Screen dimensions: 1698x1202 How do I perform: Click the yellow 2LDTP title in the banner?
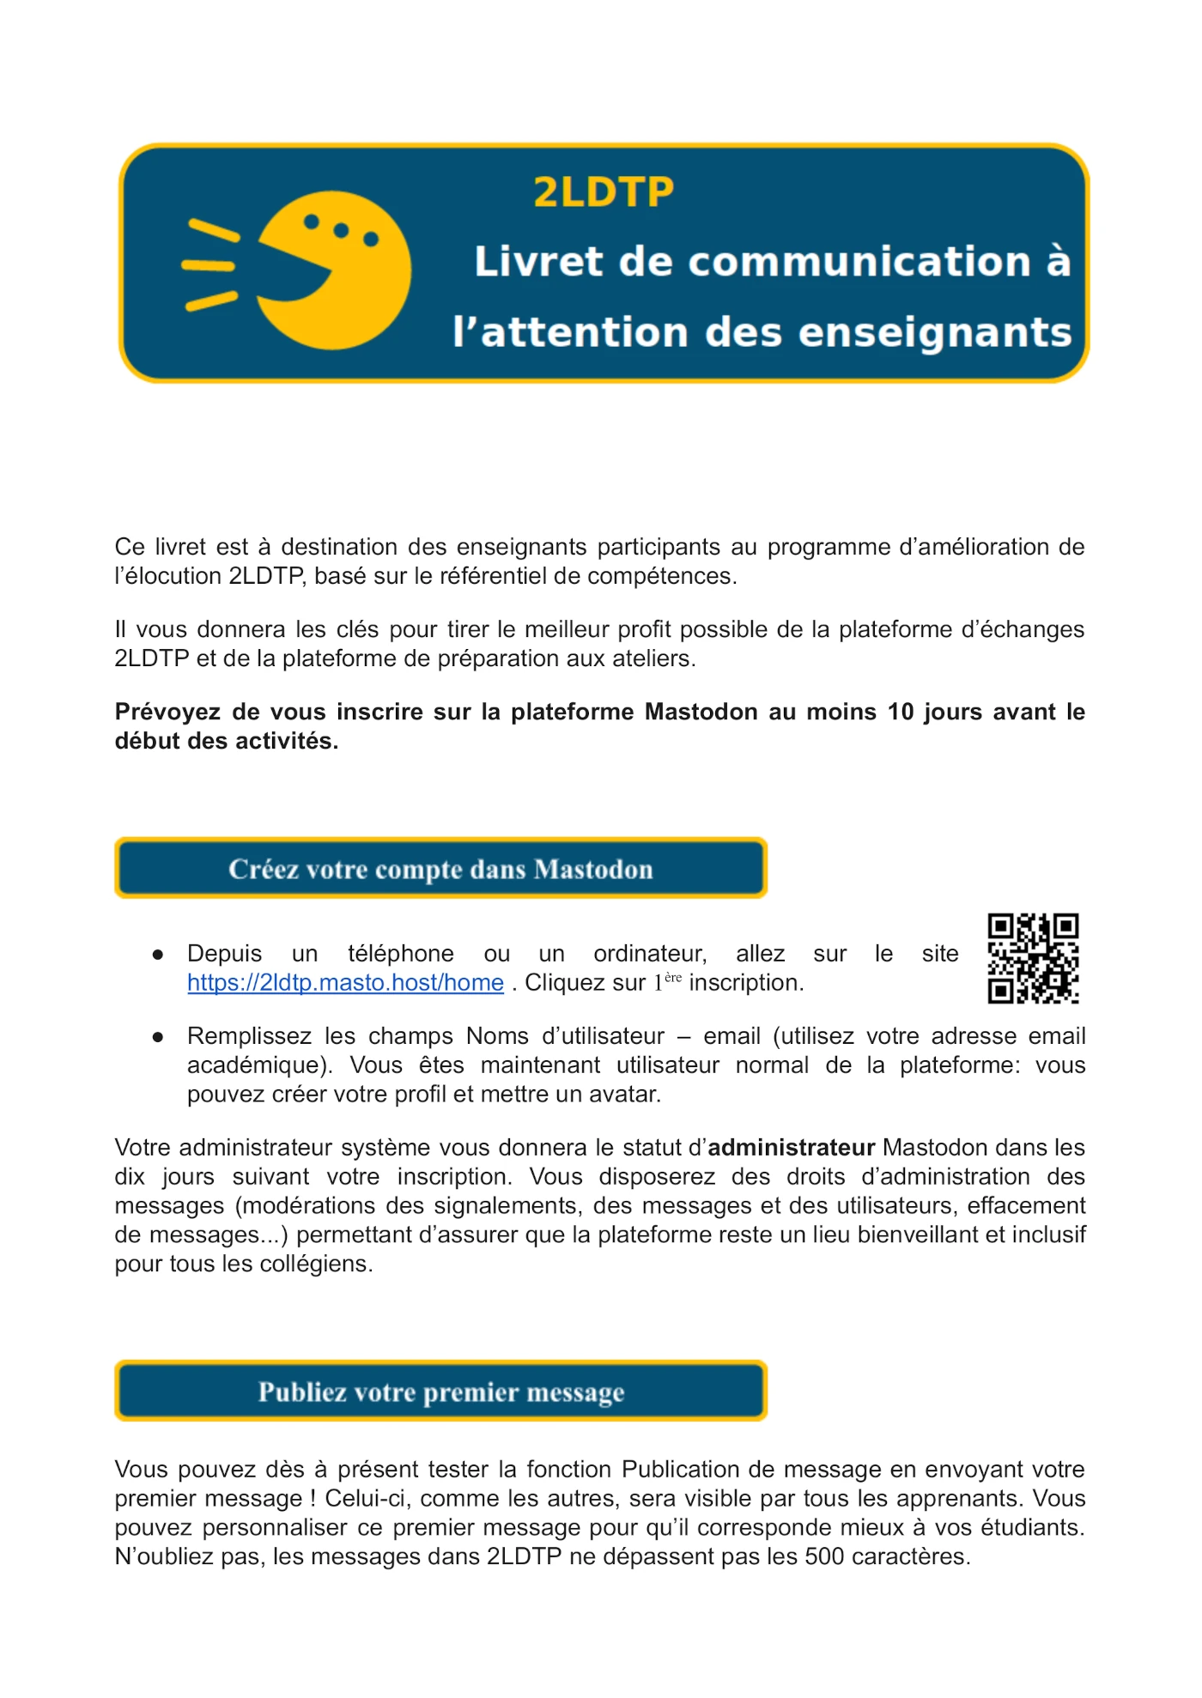(x=604, y=191)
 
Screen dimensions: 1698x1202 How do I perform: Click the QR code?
(x=1033, y=958)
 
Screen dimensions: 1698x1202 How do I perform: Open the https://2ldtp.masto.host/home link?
(x=345, y=983)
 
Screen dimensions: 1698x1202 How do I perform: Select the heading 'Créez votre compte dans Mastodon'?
(x=440, y=869)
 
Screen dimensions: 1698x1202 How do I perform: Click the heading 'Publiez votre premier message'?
(x=440, y=1392)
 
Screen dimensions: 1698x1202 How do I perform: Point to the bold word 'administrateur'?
(x=791, y=1148)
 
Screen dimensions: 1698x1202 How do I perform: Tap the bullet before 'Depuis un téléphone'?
(x=158, y=955)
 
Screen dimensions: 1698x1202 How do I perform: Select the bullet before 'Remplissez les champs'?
(x=158, y=1037)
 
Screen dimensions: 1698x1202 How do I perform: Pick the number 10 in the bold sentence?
(x=900, y=712)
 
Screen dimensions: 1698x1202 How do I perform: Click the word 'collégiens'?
(x=313, y=1264)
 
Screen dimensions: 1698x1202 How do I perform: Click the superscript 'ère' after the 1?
(x=673, y=978)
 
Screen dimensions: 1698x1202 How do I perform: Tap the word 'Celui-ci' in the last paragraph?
(x=360, y=1499)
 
